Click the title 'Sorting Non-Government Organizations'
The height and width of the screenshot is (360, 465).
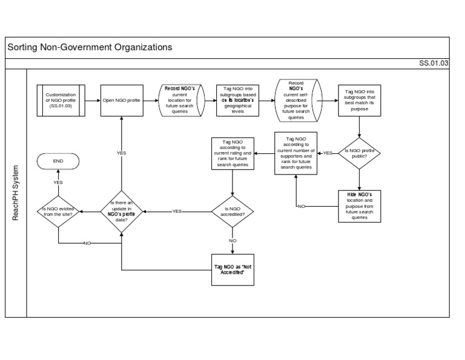point(90,47)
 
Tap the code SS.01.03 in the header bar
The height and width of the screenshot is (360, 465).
point(434,63)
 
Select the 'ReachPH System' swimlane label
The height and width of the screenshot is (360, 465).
point(16,193)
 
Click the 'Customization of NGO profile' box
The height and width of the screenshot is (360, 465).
point(61,101)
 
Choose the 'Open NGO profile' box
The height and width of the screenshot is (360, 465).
point(121,101)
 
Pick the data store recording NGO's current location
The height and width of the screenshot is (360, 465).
point(180,101)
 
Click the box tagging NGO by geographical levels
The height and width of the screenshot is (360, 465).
point(237,101)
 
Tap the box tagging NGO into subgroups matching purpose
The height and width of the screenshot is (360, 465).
point(360,101)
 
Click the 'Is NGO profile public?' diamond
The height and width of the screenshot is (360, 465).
point(360,153)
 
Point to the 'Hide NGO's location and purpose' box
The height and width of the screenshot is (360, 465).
point(360,205)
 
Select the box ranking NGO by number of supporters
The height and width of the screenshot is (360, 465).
point(296,153)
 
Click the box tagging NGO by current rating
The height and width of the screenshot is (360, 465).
point(232,153)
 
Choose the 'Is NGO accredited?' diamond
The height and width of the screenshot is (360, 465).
point(232,211)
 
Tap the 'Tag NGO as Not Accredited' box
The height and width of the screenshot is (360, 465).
point(232,268)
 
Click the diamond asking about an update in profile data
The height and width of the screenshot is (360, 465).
point(121,211)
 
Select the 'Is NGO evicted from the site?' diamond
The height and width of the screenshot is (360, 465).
point(58,211)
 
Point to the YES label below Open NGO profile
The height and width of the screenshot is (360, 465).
point(121,153)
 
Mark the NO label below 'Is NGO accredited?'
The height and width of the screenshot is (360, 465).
point(232,241)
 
